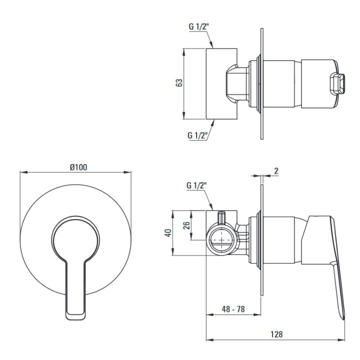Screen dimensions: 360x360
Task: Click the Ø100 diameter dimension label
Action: point(79,167)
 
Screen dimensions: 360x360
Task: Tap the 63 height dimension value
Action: point(179,82)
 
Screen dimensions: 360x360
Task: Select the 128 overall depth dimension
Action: point(276,334)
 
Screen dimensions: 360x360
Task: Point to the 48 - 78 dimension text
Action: point(233,309)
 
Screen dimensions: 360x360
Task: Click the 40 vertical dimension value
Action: point(168,233)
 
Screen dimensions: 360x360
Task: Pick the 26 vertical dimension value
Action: point(186,225)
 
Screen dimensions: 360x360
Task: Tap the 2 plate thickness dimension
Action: point(276,171)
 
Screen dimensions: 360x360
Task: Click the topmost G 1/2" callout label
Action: point(198,26)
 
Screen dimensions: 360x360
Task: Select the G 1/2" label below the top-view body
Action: point(197,135)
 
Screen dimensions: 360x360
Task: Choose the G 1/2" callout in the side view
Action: point(196,185)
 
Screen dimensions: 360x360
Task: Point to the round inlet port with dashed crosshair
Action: point(221,239)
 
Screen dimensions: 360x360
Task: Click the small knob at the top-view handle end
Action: point(337,83)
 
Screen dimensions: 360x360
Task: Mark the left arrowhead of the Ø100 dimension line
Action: point(23,172)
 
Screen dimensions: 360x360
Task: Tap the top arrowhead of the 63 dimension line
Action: point(183,52)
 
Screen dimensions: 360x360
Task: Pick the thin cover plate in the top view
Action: point(262,84)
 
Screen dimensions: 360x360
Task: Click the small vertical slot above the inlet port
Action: point(221,217)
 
